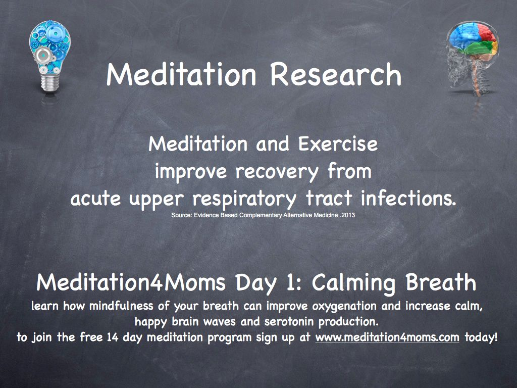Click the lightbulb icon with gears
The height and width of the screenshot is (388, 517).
coord(50,56)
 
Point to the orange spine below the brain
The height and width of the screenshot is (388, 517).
coord(475,75)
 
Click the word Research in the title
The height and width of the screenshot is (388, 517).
coord(336,75)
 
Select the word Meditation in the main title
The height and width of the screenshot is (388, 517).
coord(181,75)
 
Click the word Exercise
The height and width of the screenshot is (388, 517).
coord(338,144)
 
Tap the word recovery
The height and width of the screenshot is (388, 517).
coord(277,172)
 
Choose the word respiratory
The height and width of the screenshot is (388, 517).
coord(244,199)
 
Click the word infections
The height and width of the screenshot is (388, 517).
coord(408,198)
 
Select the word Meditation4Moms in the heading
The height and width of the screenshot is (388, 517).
coord(131,282)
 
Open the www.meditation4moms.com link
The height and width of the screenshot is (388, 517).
coord(387,337)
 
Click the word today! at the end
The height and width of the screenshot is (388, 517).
coord(481,337)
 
